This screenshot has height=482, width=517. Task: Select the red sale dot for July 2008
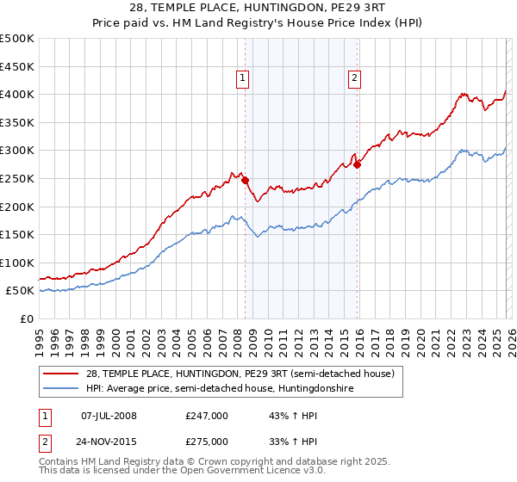(245, 180)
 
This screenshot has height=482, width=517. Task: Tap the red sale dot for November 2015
(357, 164)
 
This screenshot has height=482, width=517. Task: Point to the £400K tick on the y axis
(17, 94)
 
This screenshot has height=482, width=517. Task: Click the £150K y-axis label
(17, 234)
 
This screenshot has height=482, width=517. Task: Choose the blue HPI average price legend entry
(220, 389)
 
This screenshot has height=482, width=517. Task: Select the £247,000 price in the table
(207, 416)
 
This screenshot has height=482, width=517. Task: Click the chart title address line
(258, 9)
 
